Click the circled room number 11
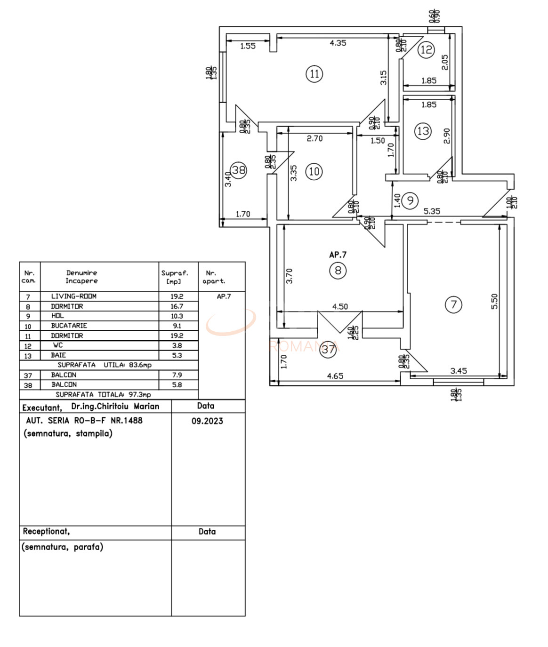point(314,74)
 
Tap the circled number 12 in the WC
point(426,49)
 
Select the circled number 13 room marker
point(423,131)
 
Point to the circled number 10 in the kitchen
point(314,171)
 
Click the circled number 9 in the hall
point(410,201)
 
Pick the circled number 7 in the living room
point(453,304)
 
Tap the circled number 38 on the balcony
point(239,170)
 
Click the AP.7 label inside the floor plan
point(338,255)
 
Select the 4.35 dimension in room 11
point(338,43)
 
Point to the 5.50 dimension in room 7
point(494,302)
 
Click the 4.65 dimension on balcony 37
point(335,376)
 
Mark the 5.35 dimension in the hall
point(432,211)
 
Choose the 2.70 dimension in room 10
point(314,139)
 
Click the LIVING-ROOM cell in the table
point(73,296)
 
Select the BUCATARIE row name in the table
point(69,326)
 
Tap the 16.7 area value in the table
point(177,306)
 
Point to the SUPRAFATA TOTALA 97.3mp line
point(103,395)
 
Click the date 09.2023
point(207,421)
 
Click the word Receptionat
point(46,532)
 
